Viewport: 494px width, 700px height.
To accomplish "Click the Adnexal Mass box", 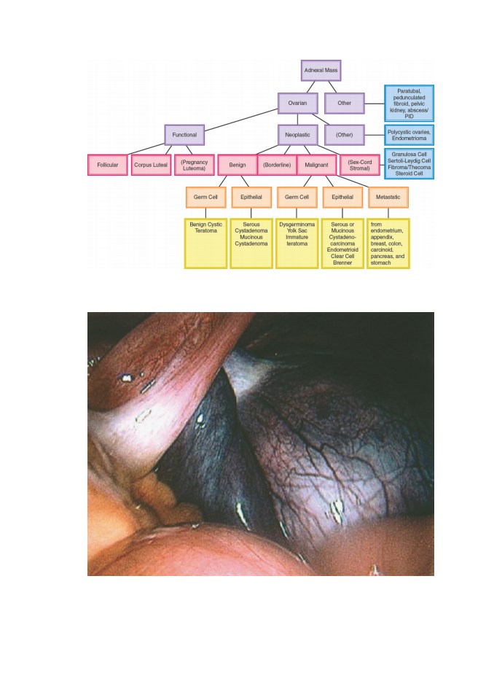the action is click(321, 71).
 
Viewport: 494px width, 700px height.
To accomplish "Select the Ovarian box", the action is click(298, 103).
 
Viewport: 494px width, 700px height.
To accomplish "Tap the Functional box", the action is click(184, 135).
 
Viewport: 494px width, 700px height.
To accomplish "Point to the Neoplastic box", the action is click(298, 135).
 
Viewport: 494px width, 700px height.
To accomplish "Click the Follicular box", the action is click(108, 166).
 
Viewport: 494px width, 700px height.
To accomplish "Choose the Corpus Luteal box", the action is click(151, 166).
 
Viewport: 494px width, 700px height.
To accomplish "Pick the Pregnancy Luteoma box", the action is click(195, 166).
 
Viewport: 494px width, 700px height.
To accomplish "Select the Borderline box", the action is click(277, 166).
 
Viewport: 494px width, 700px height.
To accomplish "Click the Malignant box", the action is click(316, 166).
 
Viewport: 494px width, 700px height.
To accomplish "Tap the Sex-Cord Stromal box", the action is click(360, 166).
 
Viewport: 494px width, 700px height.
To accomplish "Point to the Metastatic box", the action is click(388, 198).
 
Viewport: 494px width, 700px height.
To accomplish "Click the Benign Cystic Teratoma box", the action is click(205, 244).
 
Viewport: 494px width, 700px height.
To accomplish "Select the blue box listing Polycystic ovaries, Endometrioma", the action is click(409, 136).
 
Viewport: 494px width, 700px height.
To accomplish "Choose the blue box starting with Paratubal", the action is click(409, 104).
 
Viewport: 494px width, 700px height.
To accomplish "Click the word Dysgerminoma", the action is click(297, 225).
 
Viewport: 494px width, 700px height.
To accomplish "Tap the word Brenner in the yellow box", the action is click(342, 263).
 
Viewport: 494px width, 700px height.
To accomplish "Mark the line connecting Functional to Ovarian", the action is click(241, 120).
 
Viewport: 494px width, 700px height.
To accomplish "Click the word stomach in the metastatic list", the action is click(380, 263).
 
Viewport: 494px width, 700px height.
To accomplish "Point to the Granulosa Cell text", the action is click(409, 155).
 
